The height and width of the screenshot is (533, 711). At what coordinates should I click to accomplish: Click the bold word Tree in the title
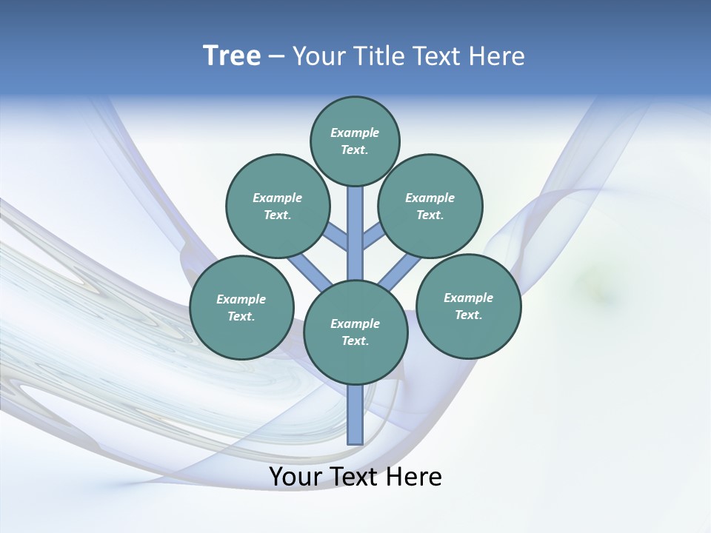pyautogui.click(x=232, y=56)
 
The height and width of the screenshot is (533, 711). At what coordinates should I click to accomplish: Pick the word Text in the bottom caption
pyautogui.click(x=356, y=477)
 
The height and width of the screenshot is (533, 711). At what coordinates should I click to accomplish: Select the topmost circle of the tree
pyautogui.click(x=355, y=141)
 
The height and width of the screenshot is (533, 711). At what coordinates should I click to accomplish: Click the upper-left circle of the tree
pyautogui.click(x=278, y=206)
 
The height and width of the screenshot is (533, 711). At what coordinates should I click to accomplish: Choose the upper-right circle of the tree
pyautogui.click(x=430, y=206)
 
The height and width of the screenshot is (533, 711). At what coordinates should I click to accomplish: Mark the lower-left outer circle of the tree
pyautogui.click(x=241, y=307)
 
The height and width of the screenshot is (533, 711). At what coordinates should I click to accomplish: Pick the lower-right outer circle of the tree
pyautogui.click(x=469, y=306)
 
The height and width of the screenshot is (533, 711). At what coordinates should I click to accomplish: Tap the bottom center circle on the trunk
pyautogui.click(x=355, y=332)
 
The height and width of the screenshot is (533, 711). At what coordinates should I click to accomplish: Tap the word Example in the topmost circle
pyautogui.click(x=355, y=133)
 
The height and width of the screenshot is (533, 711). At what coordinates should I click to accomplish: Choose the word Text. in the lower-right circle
pyautogui.click(x=469, y=315)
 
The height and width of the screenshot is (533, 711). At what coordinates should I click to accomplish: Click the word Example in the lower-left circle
pyautogui.click(x=241, y=299)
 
